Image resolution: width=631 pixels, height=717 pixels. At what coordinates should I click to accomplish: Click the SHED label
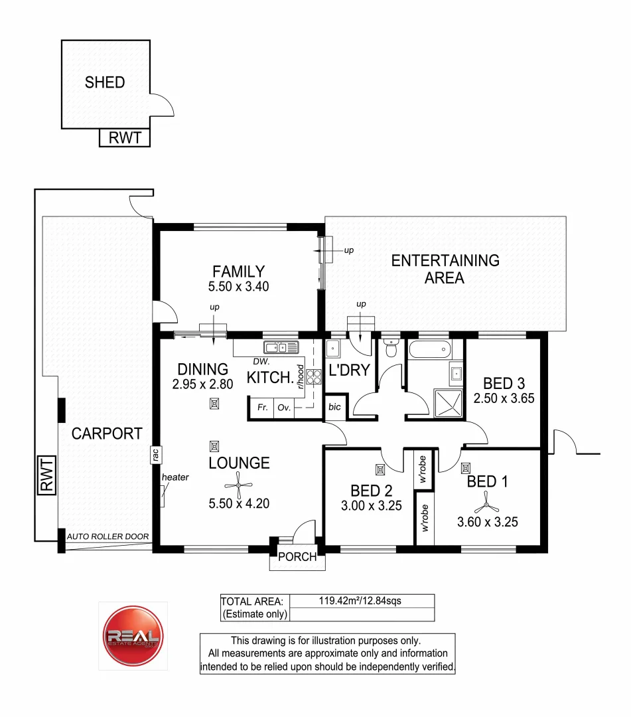coord(105,82)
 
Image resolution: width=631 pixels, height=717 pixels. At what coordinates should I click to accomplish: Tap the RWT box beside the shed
coord(125,138)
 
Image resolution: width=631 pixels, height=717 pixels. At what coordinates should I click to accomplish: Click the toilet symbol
coord(391,347)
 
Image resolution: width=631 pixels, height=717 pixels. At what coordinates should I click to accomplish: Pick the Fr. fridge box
coord(262,408)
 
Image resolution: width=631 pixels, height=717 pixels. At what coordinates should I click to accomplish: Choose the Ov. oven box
coord(285,408)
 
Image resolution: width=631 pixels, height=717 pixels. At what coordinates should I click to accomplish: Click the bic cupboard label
coord(334,408)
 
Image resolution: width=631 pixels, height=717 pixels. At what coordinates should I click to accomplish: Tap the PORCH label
coord(297,557)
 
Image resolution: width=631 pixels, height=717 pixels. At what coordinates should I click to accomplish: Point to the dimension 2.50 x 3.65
coord(504,399)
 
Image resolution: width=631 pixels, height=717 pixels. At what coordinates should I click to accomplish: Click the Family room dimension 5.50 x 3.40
coord(238,287)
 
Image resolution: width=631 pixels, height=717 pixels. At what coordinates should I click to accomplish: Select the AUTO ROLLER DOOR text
coord(108,536)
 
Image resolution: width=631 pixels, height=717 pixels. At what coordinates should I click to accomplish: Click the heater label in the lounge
coord(175,477)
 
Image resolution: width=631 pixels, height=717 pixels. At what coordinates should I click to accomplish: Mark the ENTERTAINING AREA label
coord(445,269)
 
